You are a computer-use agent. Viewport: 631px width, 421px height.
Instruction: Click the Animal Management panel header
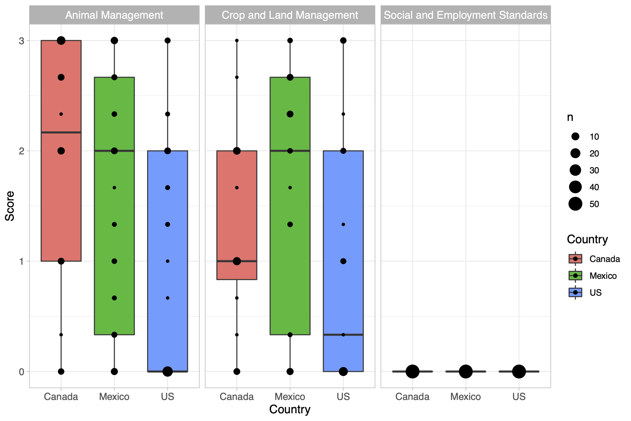click(x=114, y=15)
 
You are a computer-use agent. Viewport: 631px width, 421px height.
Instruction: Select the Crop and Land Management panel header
click(x=290, y=15)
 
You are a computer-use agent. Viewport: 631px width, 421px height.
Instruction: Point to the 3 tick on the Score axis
click(x=21, y=41)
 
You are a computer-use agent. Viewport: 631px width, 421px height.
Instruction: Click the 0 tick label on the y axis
click(x=21, y=372)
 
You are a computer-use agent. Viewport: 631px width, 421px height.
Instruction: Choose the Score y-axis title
click(x=10, y=206)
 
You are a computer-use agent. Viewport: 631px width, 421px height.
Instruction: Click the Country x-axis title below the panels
click(x=290, y=409)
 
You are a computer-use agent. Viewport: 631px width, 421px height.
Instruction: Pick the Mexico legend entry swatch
click(x=575, y=276)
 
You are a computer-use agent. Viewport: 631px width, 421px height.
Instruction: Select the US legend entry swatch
click(x=575, y=293)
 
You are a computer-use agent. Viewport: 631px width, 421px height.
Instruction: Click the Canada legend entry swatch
click(x=575, y=259)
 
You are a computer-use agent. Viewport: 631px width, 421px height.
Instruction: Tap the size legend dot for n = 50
click(x=575, y=204)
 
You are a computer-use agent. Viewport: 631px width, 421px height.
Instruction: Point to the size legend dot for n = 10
click(x=575, y=136)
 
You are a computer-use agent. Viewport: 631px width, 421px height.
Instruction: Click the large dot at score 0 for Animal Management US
click(x=167, y=372)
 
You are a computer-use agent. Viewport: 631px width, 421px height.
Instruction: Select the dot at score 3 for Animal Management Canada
click(x=61, y=40)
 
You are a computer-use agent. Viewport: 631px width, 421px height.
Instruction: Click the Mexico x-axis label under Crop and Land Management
click(x=290, y=397)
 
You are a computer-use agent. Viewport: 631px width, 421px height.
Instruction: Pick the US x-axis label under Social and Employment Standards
click(x=519, y=397)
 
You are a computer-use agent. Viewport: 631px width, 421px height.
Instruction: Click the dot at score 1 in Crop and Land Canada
click(x=237, y=261)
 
